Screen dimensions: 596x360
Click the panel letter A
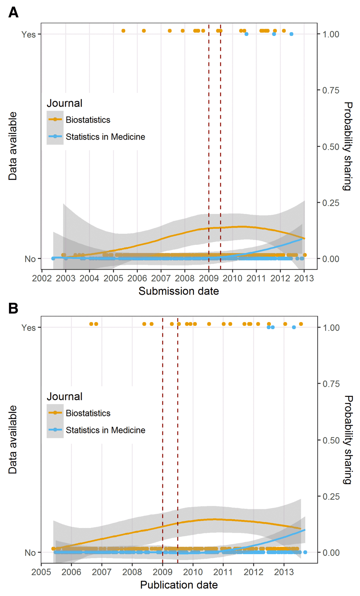point(13,13)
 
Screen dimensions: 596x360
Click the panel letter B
point(13,309)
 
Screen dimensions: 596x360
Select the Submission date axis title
point(179,291)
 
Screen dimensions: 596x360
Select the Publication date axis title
point(179,585)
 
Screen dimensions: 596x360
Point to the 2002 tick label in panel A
point(42,278)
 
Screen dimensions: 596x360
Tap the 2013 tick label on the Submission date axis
point(304,278)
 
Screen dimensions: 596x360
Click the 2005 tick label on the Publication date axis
point(41,572)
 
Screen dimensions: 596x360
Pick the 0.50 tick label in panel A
point(331,147)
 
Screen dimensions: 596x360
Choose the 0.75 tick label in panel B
point(331,384)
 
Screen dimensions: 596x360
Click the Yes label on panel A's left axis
point(28,34)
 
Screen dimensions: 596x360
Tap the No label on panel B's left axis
point(30,552)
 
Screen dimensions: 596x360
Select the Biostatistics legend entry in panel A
point(88,120)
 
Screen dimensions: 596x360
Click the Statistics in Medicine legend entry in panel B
point(105,430)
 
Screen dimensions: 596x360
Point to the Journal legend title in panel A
point(64,103)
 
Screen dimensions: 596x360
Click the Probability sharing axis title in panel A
point(347,146)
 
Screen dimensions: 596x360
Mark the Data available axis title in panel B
point(13,439)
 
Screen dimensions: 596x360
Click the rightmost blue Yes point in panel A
point(291,34)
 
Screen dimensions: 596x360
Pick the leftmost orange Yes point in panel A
point(123,31)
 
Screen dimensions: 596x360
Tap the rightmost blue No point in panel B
point(305,552)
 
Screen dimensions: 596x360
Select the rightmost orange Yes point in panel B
point(301,324)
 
